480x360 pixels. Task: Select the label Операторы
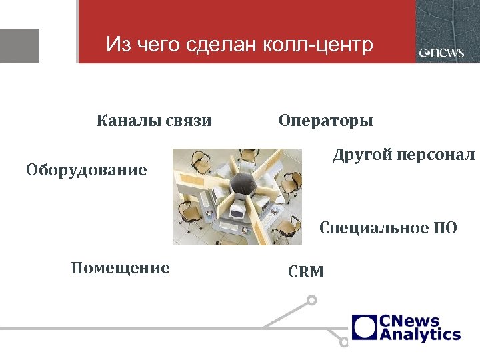coord(325,121)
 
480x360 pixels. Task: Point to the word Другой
coord(362,156)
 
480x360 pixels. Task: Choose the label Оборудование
coord(86,170)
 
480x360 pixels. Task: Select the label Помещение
coord(120,268)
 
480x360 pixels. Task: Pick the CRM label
coord(306,272)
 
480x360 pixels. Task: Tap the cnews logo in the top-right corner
coord(442,53)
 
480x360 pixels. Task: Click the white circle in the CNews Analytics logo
coord(365,327)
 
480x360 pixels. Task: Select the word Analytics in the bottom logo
coord(420,334)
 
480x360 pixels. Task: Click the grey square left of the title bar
coord(19,45)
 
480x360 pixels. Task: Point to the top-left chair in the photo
coord(198,161)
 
